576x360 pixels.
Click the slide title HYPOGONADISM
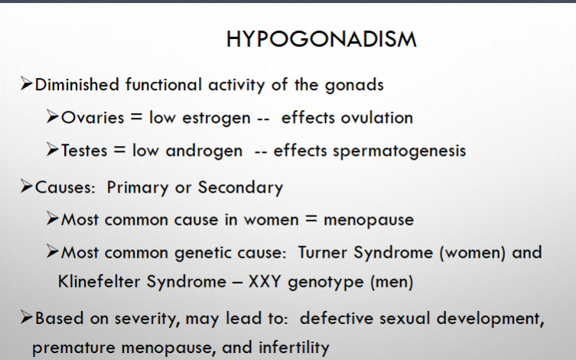click(321, 39)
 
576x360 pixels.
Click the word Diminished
click(77, 85)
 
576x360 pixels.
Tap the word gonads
click(354, 85)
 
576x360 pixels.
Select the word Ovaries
click(93, 118)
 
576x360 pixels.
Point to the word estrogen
click(216, 118)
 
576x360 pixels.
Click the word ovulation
click(377, 118)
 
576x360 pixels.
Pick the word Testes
click(84, 151)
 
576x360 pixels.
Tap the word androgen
click(204, 151)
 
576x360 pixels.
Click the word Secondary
click(241, 187)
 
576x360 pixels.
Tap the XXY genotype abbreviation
click(265, 282)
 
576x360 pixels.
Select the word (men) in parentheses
click(392, 282)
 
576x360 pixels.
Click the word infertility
click(294, 348)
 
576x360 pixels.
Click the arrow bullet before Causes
click(27, 186)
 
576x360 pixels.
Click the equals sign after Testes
click(119, 150)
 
